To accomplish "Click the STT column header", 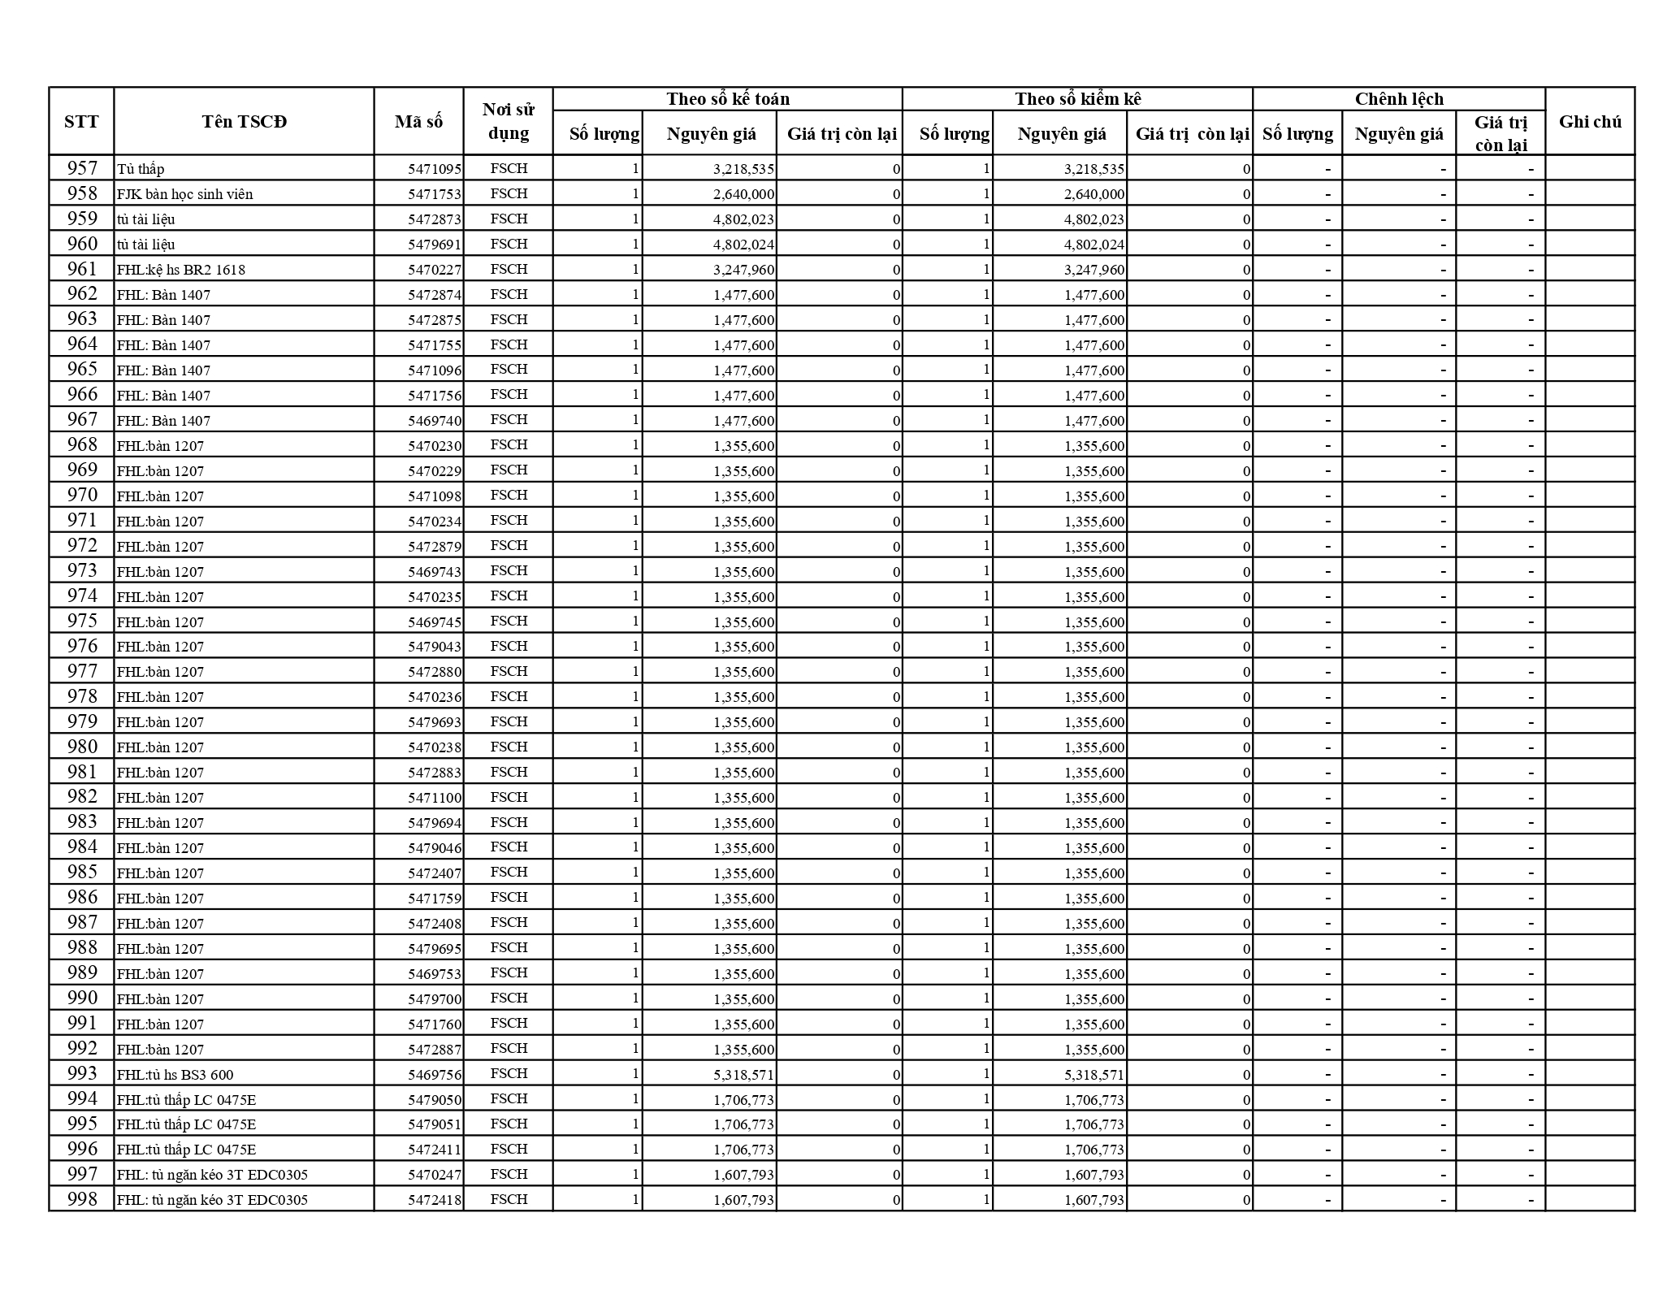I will [81, 122].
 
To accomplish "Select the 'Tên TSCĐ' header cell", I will [244, 122].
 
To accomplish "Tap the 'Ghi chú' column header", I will [1590, 122].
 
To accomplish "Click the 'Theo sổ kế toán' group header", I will [728, 99].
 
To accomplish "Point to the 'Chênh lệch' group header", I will [1399, 99].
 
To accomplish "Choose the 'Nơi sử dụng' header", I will [509, 122].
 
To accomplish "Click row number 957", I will [82, 168].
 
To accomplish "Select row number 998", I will [82, 1199].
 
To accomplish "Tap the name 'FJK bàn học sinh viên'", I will [185, 194].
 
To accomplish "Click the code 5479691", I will [435, 245].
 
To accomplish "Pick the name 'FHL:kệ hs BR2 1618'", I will [181, 270].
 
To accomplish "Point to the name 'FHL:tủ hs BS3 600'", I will [175, 1075].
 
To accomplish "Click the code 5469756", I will [435, 1075].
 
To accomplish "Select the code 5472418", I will [435, 1200].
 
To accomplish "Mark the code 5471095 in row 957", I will [435, 169].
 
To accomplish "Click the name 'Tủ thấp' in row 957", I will [141, 169].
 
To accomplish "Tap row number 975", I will [82, 621].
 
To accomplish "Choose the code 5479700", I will [435, 999].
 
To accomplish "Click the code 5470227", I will [435, 270].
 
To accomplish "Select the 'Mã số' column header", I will [418, 122].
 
